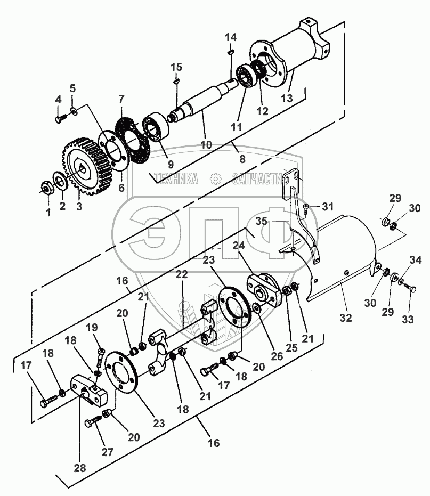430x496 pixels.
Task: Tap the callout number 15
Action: [x=176, y=67]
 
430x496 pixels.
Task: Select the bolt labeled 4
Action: [x=59, y=118]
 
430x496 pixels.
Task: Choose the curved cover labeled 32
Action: [x=341, y=250]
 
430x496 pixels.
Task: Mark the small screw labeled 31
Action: [x=306, y=208]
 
